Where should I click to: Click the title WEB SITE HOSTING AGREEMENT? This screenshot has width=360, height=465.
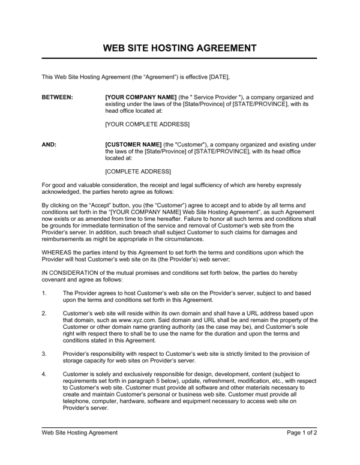[180, 47]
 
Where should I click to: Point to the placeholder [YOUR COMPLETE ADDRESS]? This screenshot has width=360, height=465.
[147, 124]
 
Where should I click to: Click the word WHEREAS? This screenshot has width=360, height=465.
[56, 253]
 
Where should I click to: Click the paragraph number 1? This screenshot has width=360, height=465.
[44, 293]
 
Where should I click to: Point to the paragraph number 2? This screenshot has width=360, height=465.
[44, 314]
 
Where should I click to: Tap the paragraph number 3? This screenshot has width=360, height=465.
[44, 354]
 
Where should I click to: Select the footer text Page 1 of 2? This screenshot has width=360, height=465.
[302, 433]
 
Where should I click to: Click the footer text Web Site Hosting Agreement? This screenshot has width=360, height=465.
[79, 433]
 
